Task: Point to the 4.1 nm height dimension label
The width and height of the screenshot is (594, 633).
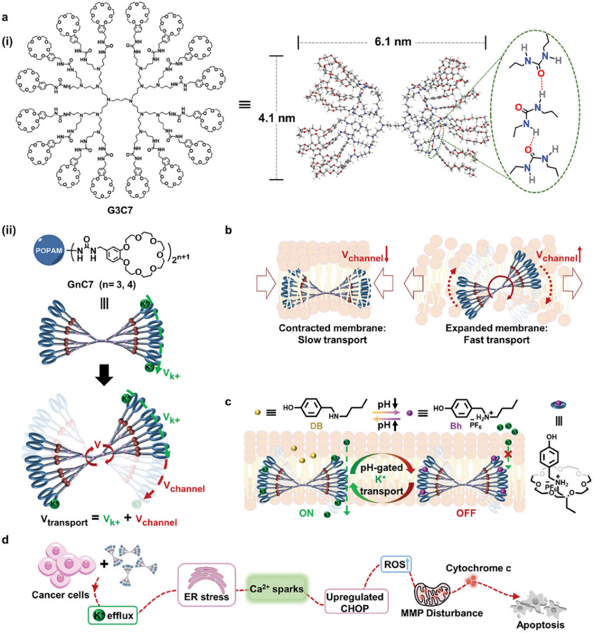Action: [x=277, y=118]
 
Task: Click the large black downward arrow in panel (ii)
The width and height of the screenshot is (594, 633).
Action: [x=105, y=377]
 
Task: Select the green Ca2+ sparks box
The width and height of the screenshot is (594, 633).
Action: [x=275, y=589]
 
